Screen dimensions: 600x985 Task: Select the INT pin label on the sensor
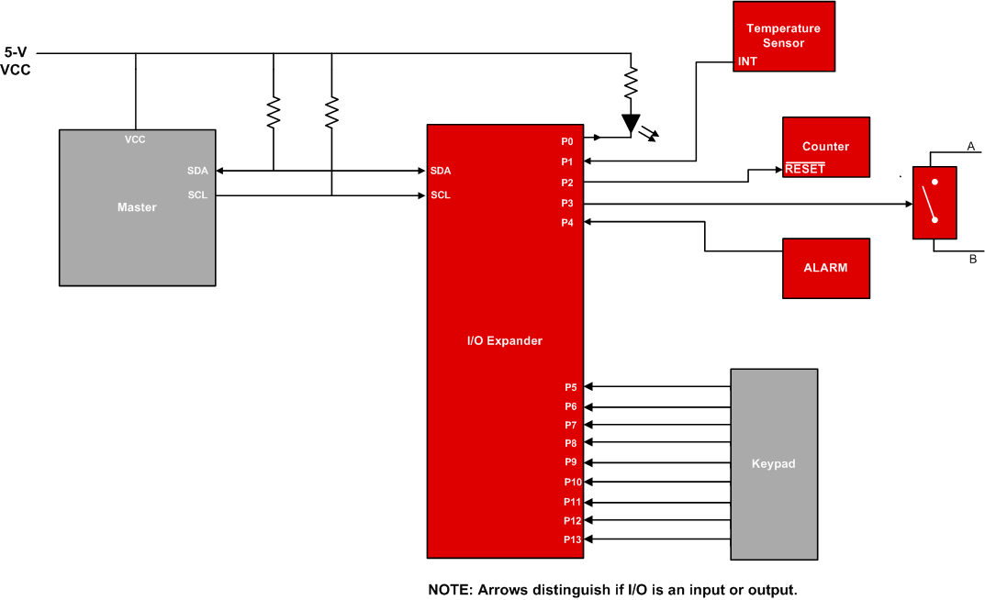[747, 61]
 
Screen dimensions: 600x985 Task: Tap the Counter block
[825, 146]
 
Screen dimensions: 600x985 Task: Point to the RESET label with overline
[804, 169]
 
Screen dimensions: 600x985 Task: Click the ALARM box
[825, 268]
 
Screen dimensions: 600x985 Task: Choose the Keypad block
[773, 463]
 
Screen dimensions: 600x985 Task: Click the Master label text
[137, 207]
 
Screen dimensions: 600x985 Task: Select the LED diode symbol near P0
[630, 124]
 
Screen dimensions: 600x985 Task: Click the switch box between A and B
[935, 203]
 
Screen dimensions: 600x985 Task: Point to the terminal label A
[970, 146]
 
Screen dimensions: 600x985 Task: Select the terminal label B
[972, 260]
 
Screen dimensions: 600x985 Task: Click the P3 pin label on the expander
[567, 203]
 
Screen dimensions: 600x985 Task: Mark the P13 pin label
[572, 539]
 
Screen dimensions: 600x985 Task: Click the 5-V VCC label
[17, 61]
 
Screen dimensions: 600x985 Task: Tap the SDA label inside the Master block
[196, 171]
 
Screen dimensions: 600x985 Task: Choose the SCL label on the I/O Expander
[440, 195]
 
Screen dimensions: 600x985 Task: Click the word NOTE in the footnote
[449, 589]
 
